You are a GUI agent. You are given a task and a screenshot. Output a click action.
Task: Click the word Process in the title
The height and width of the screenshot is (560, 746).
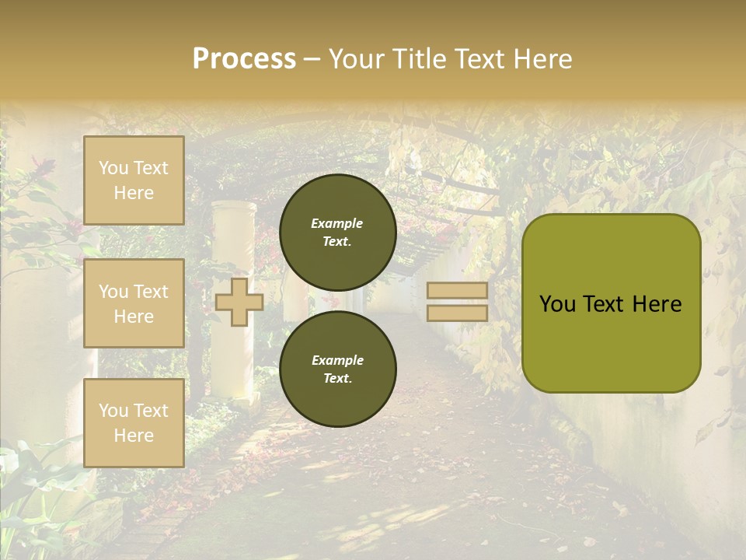coord(244,59)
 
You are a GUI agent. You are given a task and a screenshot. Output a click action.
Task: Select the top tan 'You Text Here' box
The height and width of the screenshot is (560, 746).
coord(134,180)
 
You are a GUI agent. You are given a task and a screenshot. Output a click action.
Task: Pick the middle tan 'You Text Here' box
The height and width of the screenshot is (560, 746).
coord(134,303)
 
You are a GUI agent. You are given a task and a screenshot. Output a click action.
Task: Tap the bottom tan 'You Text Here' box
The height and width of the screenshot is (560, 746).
coord(134,423)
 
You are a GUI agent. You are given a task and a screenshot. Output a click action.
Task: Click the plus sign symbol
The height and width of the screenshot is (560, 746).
coord(239,302)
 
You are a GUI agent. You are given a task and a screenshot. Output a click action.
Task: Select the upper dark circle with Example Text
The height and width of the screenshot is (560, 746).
coord(337,232)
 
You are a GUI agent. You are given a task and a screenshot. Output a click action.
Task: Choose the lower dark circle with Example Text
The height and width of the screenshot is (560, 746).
coord(337,369)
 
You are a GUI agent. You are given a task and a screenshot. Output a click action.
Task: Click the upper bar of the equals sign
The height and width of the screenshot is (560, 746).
coord(458,291)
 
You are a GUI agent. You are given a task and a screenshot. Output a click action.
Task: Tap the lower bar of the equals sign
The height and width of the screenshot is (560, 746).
coord(458,313)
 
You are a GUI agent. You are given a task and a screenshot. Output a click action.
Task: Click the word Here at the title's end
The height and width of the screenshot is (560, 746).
coord(540,59)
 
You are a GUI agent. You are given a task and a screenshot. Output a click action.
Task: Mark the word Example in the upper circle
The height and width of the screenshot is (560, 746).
coord(336,223)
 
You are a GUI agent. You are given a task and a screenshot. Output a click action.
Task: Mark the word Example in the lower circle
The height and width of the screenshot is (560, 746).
coord(336,360)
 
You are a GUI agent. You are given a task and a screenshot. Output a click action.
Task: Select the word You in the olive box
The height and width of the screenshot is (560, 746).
coord(557,304)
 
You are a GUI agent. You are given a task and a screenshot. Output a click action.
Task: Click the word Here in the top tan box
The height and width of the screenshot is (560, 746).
coord(134,193)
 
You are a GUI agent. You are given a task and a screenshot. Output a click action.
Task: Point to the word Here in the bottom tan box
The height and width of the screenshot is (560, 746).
coord(134,436)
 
